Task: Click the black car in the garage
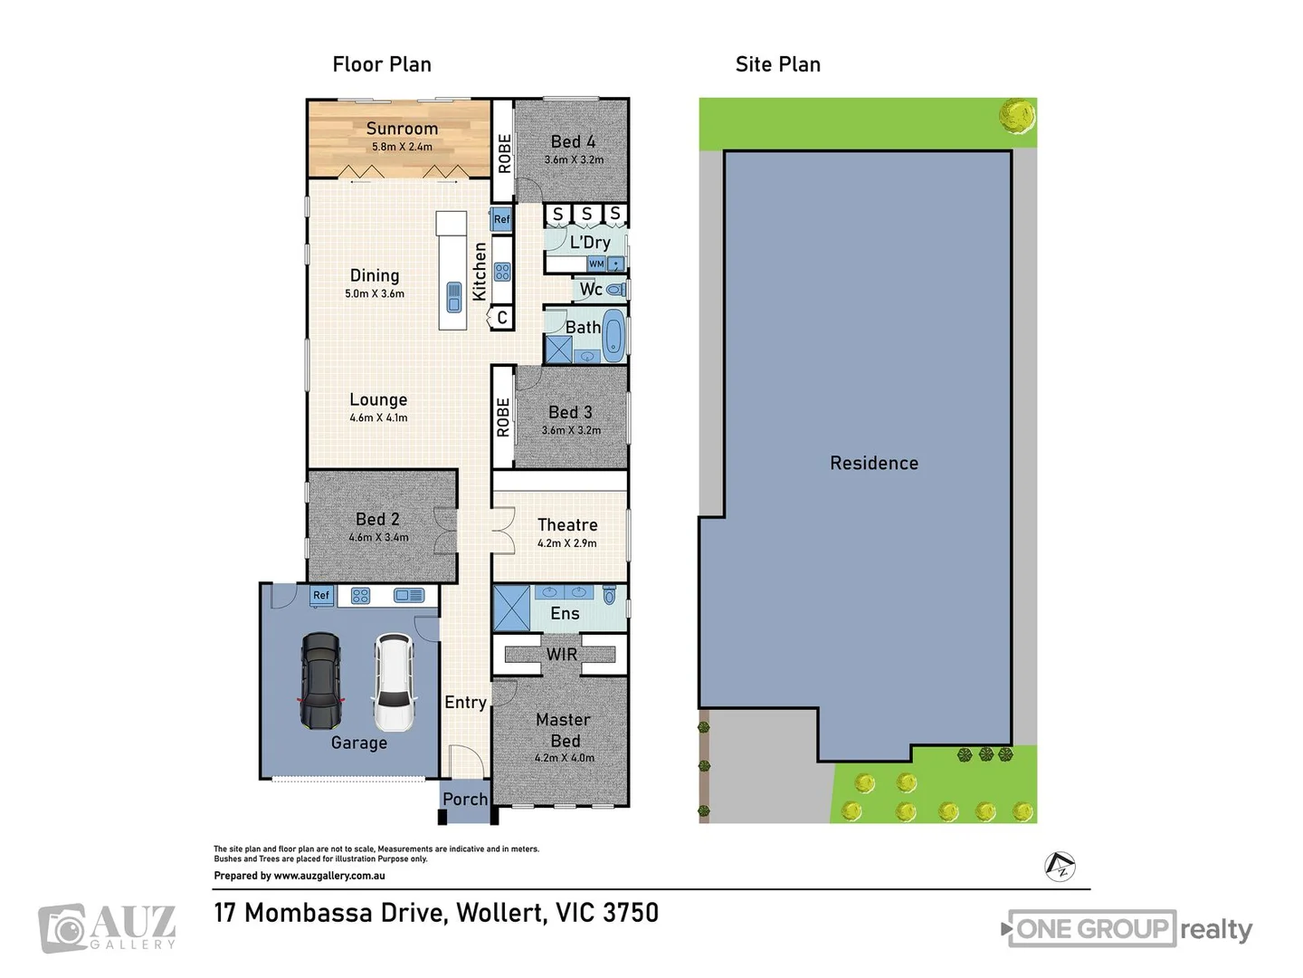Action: [320, 681]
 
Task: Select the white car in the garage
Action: [394, 682]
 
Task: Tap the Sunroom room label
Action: [402, 129]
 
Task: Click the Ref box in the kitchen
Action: [501, 219]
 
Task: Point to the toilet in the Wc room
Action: [616, 290]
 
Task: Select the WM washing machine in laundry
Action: [596, 264]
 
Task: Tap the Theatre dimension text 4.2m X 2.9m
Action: [566, 543]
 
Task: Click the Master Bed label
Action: [564, 730]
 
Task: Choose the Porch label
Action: [465, 800]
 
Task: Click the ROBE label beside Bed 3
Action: [503, 417]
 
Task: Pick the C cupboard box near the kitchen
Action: [501, 318]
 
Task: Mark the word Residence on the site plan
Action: [874, 464]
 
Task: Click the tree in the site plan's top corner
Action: [1017, 116]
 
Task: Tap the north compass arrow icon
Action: [1060, 867]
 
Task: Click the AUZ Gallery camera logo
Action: [63, 929]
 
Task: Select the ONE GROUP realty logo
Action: [1129, 929]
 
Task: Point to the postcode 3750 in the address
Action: [631, 913]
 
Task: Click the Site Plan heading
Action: [777, 64]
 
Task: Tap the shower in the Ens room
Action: [511, 609]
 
